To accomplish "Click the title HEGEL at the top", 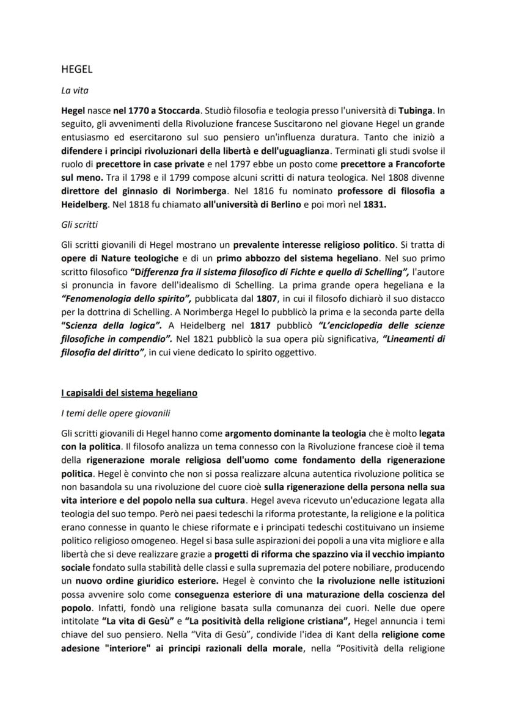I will pyautogui.click(x=77, y=70).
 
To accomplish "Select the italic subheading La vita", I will pyautogui.click(x=75, y=90).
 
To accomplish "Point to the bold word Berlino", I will pyautogui.click(x=284, y=203).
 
